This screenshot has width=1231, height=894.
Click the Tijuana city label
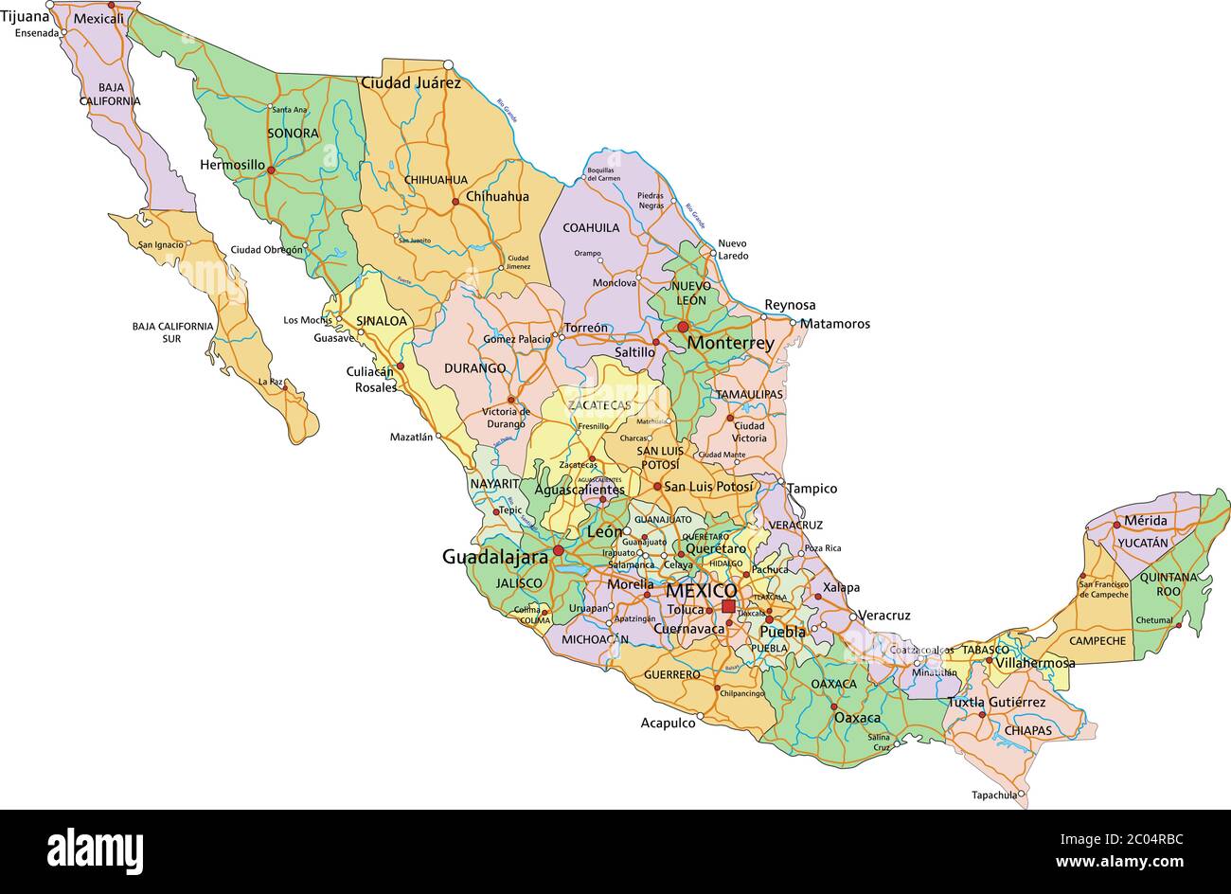pyautogui.click(x=25, y=16)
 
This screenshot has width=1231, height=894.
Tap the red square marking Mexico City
pyautogui.click(x=727, y=606)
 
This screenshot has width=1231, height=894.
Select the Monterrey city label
pyautogui.click(x=730, y=343)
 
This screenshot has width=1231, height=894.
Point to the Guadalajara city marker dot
pyautogui.click(x=559, y=550)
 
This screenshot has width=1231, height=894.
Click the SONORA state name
pyautogui.click(x=293, y=134)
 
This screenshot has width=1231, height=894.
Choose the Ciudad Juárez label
pyautogui.click(x=410, y=83)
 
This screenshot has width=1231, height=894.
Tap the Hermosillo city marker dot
pyautogui.click(x=271, y=170)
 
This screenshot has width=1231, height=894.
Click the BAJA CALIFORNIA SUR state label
pyautogui.click(x=172, y=331)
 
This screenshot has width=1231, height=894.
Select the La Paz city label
pyautogui.click(x=270, y=382)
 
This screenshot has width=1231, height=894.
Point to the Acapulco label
pyautogui.click(x=668, y=723)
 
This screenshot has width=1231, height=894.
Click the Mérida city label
pyautogui.click(x=1145, y=521)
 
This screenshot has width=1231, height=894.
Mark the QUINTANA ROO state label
pyautogui.click(x=1168, y=583)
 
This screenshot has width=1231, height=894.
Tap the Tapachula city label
pyautogui.click(x=993, y=795)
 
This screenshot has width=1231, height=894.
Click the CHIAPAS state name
pyautogui.click(x=1027, y=730)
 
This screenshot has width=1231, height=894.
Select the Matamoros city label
pyautogui.click(x=834, y=324)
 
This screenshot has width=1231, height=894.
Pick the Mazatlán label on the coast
pyautogui.click(x=411, y=438)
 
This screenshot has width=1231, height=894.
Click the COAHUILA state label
pyautogui.click(x=591, y=227)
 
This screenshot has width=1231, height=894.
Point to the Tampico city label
pyautogui.click(x=812, y=489)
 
